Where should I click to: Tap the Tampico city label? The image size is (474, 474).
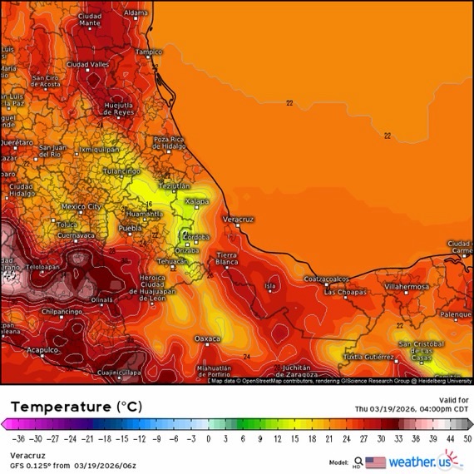[x=149, y=52]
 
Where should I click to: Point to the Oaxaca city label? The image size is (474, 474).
[x=207, y=338]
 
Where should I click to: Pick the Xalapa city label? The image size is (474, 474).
[x=195, y=200]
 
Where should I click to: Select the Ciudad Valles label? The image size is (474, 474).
[x=87, y=64]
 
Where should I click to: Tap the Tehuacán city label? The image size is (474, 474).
[x=173, y=260]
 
